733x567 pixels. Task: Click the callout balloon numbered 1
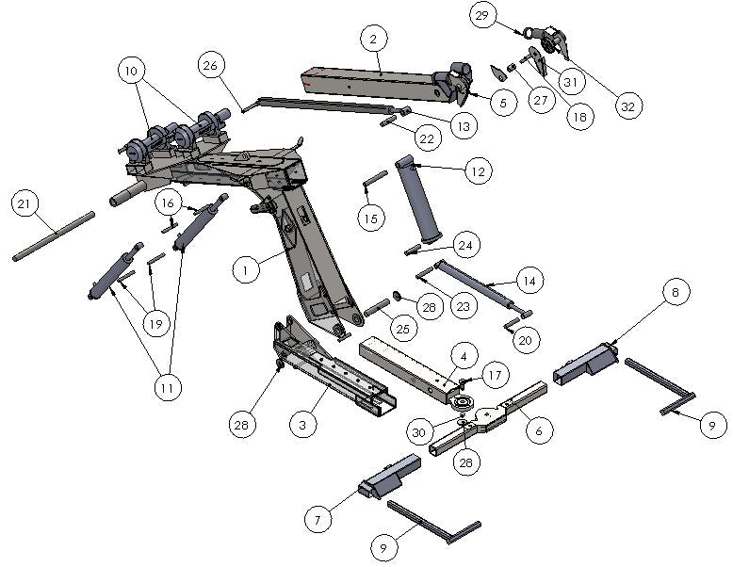click(245, 270)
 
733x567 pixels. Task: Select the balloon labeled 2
click(374, 39)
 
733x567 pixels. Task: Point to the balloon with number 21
click(25, 202)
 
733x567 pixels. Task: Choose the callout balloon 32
click(627, 106)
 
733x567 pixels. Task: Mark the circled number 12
click(478, 170)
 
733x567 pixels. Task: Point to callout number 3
click(301, 426)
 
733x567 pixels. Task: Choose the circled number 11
click(171, 387)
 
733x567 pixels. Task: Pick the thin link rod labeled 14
click(471, 284)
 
